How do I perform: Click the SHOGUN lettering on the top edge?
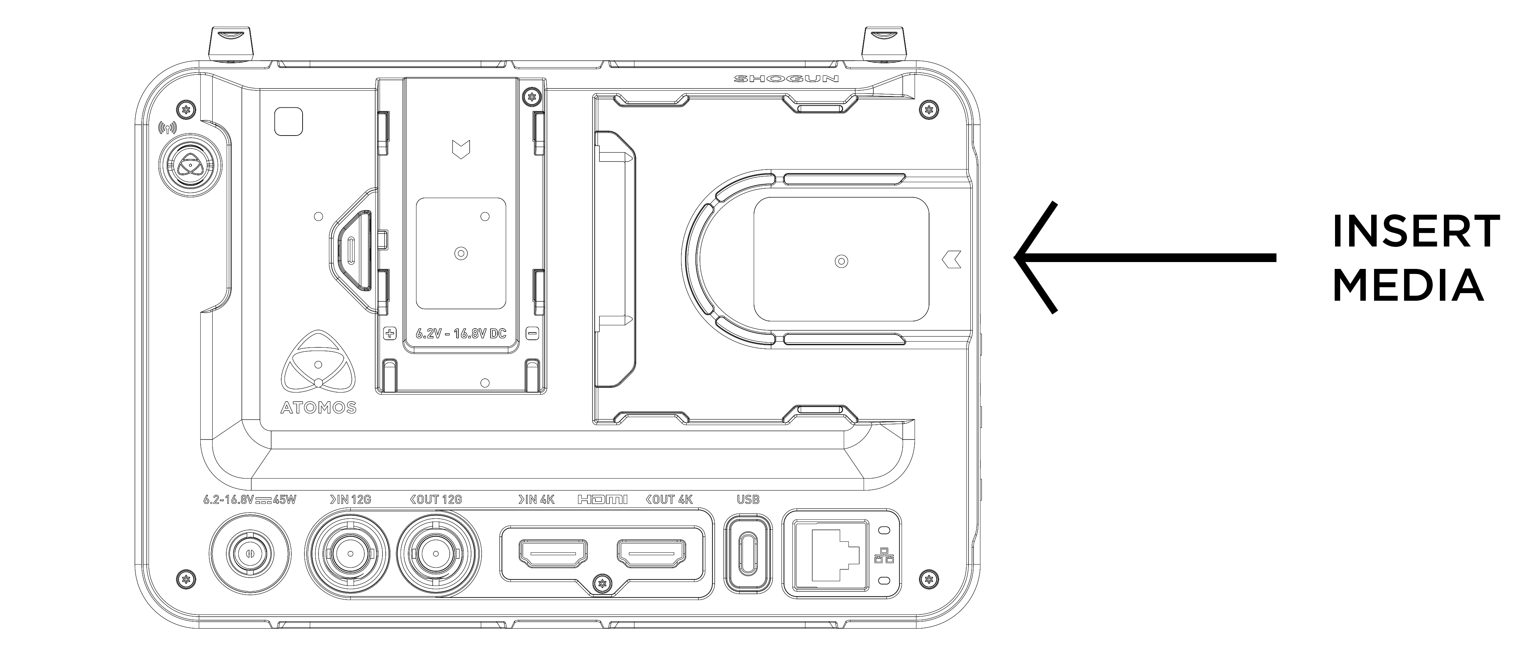coord(786,79)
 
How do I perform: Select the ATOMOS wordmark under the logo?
coord(318,408)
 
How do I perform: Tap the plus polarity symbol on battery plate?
coord(390,333)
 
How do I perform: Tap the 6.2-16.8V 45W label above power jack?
coord(250,500)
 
